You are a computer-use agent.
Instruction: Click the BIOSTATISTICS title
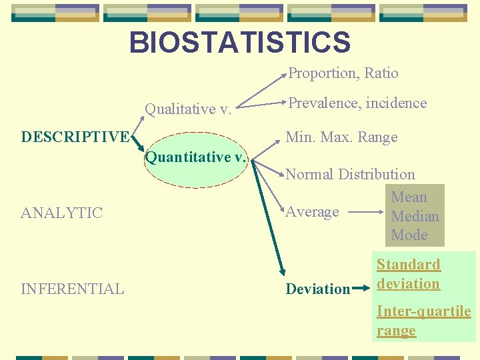pyautogui.click(x=239, y=43)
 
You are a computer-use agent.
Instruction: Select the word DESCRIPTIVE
pyautogui.click(x=75, y=137)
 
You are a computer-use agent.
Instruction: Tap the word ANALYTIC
pyautogui.click(x=62, y=213)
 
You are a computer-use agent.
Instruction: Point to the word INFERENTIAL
pyautogui.click(x=73, y=289)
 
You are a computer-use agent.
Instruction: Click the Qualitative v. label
pyautogui.click(x=188, y=109)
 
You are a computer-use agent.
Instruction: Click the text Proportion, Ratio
pyautogui.click(x=343, y=73)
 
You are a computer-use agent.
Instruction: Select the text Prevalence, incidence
pyautogui.click(x=357, y=103)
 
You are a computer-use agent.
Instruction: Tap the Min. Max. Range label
pyautogui.click(x=341, y=137)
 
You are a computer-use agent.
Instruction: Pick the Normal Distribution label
pyautogui.click(x=350, y=175)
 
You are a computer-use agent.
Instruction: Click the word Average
pyautogui.click(x=312, y=212)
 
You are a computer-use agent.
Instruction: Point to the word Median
pyautogui.click(x=415, y=216)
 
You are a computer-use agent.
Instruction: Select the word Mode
pyautogui.click(x=409, y=235)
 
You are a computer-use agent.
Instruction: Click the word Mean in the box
pyautogui.click(x=409, y=197)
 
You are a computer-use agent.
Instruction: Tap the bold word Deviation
pyautogui.click(x=317, y=289)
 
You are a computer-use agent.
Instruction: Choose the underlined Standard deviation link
pyautogui.click(x=408, y=274)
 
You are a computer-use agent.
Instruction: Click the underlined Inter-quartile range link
pyautogui.click(x=423, y=321)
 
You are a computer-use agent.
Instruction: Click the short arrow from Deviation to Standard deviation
pyautogui.click(x=361, y=289)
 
